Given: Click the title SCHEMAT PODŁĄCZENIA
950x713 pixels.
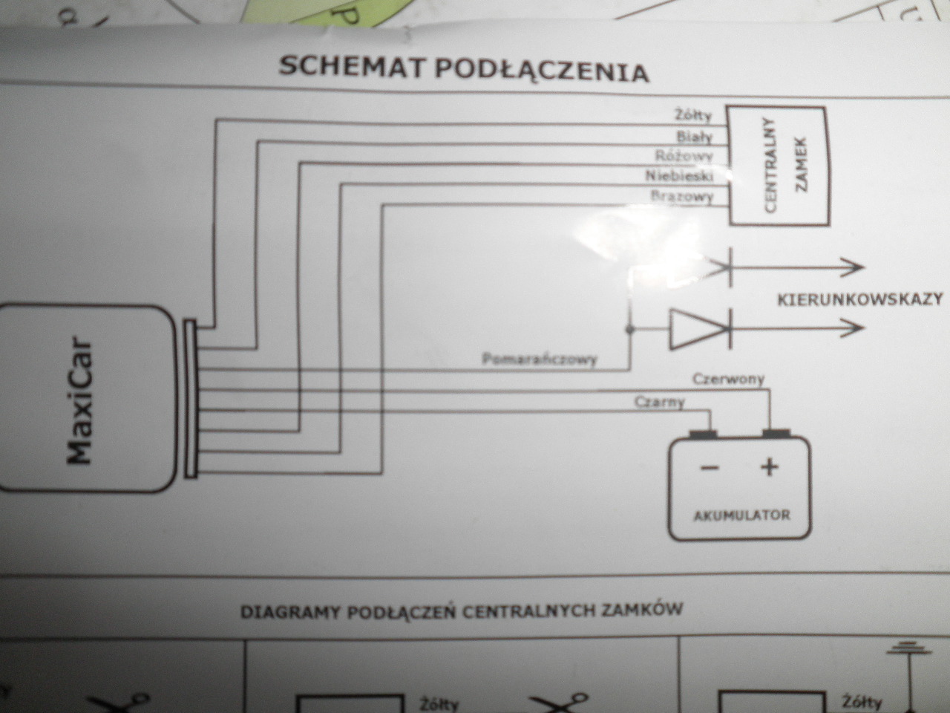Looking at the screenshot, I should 464,68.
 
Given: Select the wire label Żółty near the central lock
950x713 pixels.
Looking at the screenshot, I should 693,115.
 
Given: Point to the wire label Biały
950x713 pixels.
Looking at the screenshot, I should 694,136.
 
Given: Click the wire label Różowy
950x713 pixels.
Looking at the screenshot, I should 684,156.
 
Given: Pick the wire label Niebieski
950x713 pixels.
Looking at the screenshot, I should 679,176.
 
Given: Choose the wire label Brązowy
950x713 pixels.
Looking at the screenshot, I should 681,197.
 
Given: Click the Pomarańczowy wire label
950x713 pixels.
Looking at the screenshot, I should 540,360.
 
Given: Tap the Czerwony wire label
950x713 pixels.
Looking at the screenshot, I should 728,380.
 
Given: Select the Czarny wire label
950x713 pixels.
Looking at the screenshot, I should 660,403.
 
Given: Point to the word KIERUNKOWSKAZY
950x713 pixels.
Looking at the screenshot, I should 860,299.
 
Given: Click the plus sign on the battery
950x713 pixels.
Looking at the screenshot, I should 769,467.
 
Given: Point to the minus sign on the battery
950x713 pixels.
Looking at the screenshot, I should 710,468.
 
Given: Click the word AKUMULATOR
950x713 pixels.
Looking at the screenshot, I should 741,515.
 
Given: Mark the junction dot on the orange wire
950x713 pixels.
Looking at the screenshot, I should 629,328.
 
